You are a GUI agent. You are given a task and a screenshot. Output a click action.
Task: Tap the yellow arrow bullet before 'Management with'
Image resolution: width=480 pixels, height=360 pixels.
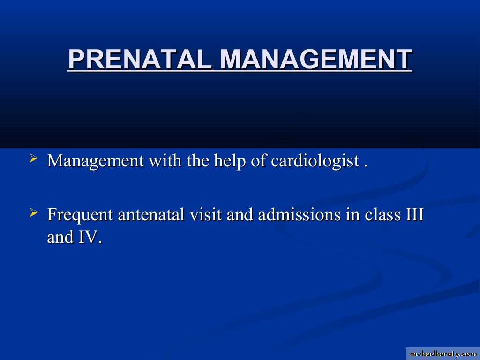tap(33, 158)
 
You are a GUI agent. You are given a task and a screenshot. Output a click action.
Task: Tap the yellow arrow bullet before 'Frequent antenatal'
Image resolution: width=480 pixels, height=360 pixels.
tap(33, 212)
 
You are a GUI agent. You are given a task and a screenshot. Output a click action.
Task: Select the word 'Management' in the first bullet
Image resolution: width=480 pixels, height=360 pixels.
tap(96, 161)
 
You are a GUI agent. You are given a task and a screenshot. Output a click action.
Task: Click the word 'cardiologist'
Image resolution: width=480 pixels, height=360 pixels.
tap(315, 161)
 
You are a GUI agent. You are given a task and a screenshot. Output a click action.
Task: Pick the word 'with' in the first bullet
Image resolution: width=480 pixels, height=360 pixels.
tap(165, 160)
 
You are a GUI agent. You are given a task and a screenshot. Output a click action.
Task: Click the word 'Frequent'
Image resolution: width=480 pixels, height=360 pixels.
tap(80, 215)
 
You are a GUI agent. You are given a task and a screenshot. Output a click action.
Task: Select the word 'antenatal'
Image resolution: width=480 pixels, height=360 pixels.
tap(151, 215)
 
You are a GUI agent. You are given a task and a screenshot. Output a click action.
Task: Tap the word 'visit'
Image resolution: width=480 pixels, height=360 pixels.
tap(205, 214)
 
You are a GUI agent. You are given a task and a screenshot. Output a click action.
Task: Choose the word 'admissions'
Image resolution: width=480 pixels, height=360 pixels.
tap(299, 214)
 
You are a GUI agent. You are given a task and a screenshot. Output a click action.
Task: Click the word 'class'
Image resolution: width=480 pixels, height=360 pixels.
tap(382, 214)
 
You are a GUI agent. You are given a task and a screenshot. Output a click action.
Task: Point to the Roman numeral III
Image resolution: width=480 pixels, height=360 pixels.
tap(414, 214)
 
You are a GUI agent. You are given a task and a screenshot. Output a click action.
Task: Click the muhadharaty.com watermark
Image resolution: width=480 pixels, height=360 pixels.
tap(443, 354)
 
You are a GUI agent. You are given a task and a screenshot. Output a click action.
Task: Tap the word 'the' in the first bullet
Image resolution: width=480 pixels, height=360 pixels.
tap(197, 160)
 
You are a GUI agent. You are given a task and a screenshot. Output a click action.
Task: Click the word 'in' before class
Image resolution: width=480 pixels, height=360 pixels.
tap(352, 214)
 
